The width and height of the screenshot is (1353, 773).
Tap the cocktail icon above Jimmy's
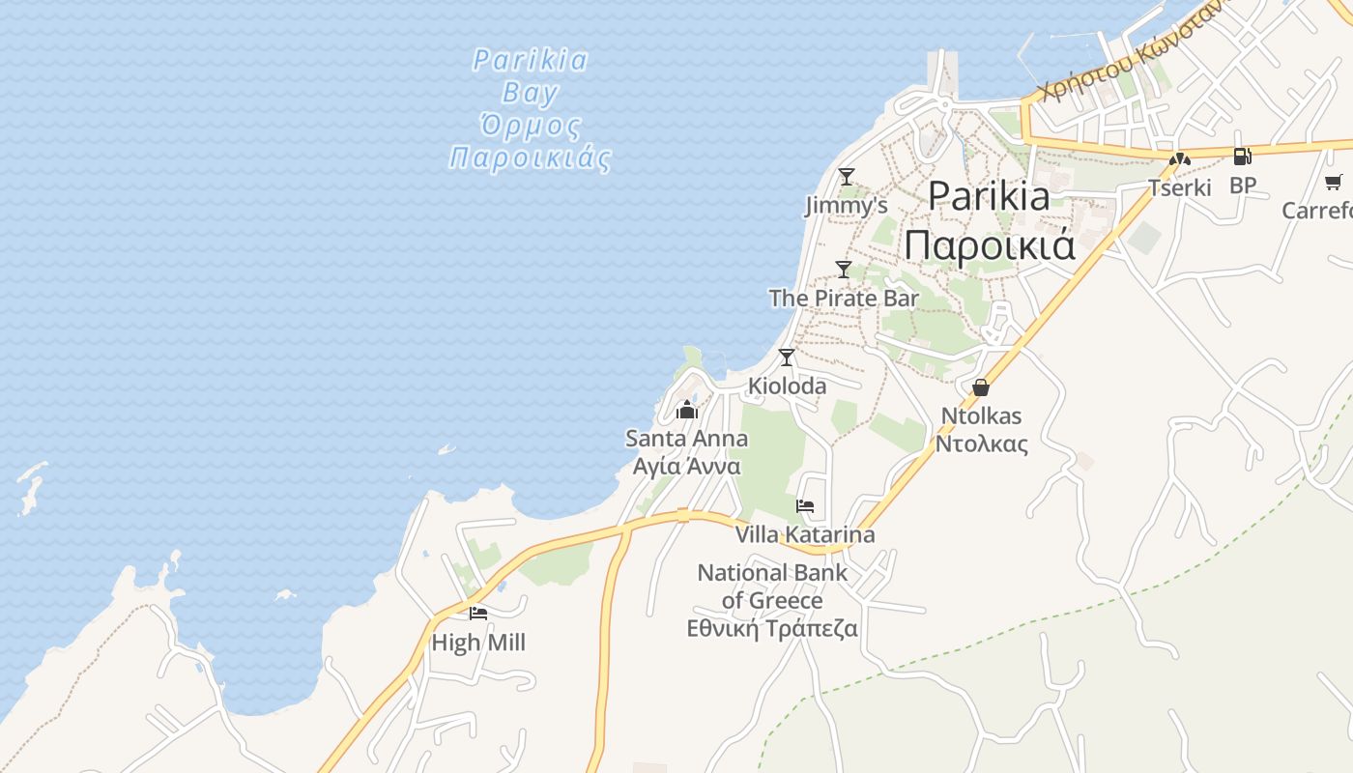tap(847, 176)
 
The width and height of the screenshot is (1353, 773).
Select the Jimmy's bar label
tap(847, 206)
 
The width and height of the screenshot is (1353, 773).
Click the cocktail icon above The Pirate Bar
tap(844, 269)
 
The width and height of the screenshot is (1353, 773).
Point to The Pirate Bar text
tap(844, 298)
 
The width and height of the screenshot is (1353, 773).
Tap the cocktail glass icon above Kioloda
tap(787, 357)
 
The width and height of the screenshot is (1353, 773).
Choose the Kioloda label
tap(787, 386)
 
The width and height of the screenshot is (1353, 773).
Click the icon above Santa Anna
tap(687, 410)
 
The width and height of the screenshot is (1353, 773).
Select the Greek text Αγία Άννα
tap(686, 466)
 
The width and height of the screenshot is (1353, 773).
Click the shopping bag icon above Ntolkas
tap(981, 387)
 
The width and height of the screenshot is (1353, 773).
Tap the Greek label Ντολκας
tap(981, 444)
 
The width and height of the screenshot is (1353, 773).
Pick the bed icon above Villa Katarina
tap(805, 505)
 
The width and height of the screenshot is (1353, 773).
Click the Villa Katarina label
tap(805, 534)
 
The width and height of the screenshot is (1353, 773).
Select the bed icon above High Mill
tap(478, 613)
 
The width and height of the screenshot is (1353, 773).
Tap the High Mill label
tap(478, 642)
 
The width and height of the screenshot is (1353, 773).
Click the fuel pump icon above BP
tap(1243, 156)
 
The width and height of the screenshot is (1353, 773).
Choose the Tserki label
tap(1179, 187)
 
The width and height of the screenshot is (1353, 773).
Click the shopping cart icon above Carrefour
tap(1334, 181)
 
